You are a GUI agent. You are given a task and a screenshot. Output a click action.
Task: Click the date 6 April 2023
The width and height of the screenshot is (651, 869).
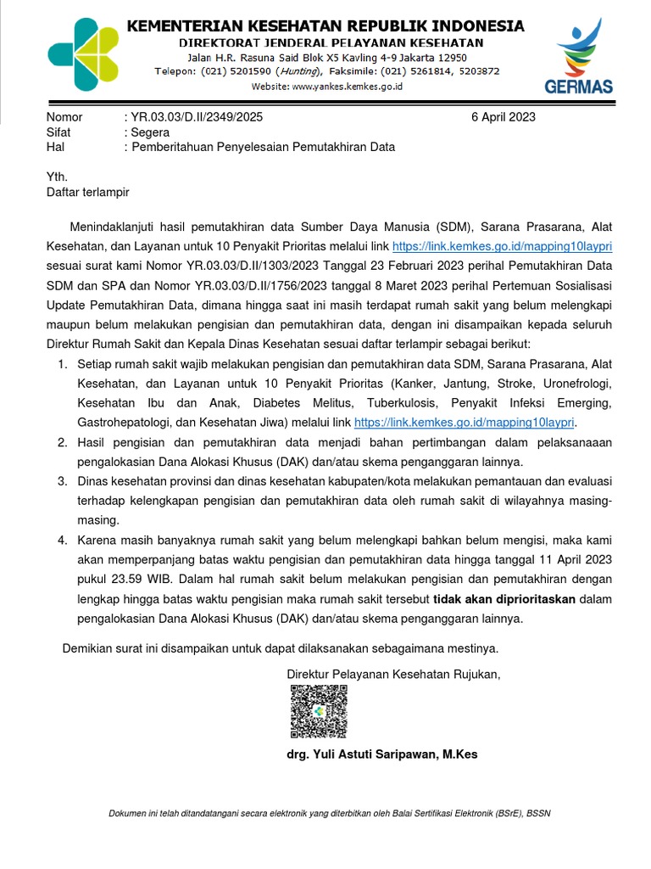tap(503, 117)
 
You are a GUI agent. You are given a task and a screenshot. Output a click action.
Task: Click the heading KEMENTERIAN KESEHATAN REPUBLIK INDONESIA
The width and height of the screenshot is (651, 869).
tap(325, 26)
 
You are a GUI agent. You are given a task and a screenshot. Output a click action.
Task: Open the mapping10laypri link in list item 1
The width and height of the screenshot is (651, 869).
tap(465, 422)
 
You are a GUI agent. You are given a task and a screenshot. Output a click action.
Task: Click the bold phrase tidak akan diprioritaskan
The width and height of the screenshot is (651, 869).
tap(504, 599)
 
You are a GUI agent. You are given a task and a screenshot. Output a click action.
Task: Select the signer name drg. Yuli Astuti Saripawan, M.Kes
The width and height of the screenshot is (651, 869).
tap(382, 754)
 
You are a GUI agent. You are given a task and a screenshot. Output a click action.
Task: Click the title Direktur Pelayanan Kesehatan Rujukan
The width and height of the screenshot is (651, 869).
tap(394, 674)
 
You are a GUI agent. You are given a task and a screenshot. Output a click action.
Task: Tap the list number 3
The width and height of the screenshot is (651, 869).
tap(62, 481)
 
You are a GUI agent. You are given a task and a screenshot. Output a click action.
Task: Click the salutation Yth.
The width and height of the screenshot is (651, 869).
tap(56, 177)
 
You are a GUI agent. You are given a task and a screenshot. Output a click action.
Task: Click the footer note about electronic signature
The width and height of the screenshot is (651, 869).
tap(330, 813)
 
